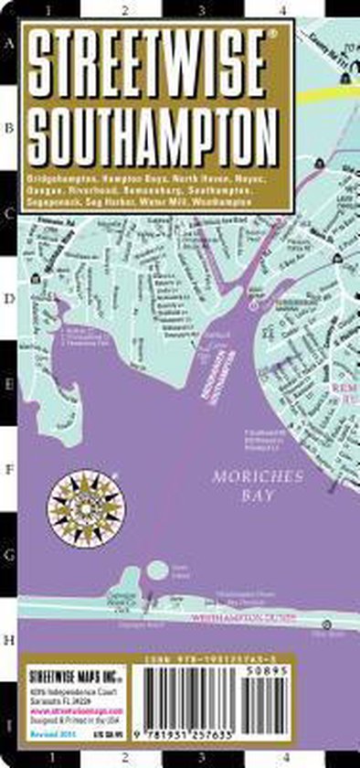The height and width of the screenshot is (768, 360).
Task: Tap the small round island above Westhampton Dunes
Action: click(x=157, y=571)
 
